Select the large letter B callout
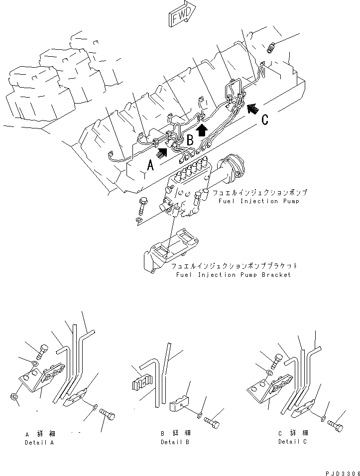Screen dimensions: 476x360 pos(190,140)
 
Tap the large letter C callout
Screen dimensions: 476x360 pos(265,119)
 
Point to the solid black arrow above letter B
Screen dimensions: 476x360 pos(201,131)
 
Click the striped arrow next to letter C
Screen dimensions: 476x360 pos(252,107)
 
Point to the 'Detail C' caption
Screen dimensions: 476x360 pos(293,442)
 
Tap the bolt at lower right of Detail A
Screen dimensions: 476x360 pos(107,414)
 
